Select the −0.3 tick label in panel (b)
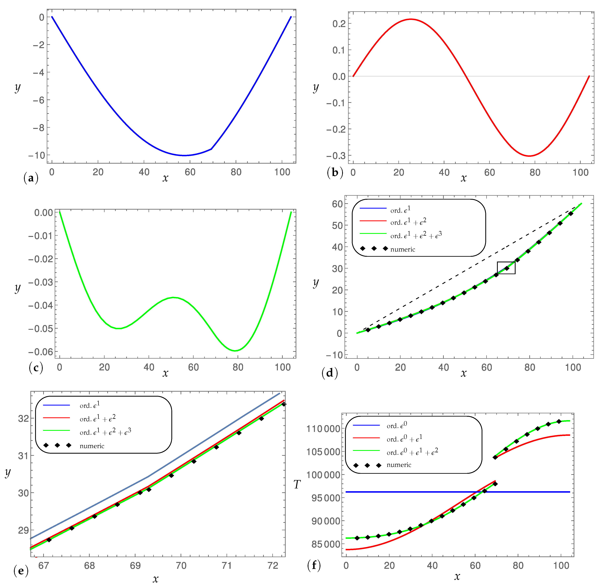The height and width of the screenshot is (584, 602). coord(336,155)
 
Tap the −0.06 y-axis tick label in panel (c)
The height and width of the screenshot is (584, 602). coord(41,352)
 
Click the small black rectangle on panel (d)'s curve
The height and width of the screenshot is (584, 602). coord(506,268)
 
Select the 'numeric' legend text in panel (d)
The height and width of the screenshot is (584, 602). coord(402,249)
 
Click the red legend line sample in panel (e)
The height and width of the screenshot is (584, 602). coord(56,418)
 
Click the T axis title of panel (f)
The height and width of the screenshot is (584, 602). coord(297,485)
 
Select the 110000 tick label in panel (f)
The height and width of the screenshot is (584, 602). coord(323,429)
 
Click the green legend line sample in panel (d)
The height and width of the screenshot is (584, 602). coord(373,234)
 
